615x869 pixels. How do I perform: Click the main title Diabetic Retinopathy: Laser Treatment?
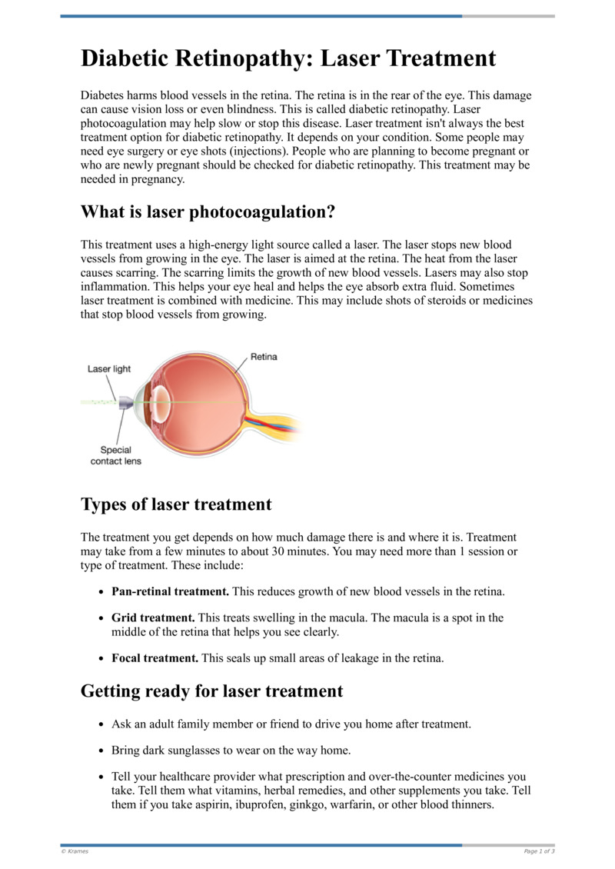288,58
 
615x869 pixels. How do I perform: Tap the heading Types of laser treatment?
176,504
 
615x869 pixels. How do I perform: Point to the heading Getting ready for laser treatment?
211,691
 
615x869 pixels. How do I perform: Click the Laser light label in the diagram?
109,369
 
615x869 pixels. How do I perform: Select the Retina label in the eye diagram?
264,357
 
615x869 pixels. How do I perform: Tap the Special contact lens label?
116,455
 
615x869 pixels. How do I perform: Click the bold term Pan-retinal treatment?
170,591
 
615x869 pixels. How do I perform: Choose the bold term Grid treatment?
152,618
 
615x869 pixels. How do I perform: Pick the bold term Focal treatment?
155,658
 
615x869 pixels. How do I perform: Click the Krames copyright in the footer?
74,851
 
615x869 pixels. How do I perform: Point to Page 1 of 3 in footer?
539,851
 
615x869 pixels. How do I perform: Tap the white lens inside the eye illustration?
160,399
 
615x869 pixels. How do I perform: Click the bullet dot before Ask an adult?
101,724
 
